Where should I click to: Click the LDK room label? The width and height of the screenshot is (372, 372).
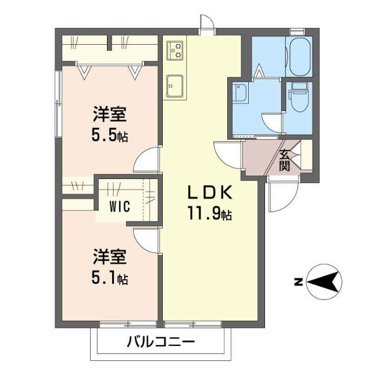click(210, 192)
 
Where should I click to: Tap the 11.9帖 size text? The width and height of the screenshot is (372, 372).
click(210, 214)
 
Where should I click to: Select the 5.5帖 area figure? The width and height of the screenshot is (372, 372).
click(109, 137)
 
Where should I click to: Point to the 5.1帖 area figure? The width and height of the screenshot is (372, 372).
click(109, 278)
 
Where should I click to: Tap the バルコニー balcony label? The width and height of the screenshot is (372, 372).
click(161, 342)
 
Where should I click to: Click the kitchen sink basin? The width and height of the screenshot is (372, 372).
click(175, 85)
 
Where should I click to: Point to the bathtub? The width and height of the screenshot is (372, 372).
click(301, 56)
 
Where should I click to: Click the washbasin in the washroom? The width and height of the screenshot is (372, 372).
click(240, 93)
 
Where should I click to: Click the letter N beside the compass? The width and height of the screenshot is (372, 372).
click(297, 283)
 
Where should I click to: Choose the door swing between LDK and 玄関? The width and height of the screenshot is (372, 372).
click(226, 154)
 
